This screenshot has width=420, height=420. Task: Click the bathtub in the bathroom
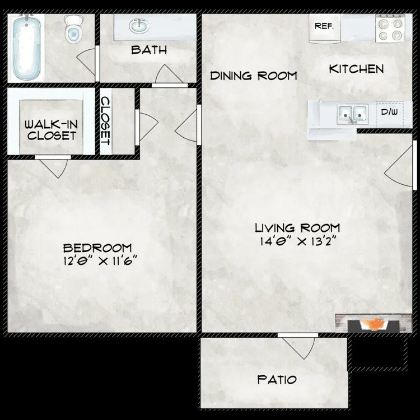pos(26,48)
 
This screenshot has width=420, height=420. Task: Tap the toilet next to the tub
pos(73,29)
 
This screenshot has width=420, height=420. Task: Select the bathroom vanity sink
pos(139,26)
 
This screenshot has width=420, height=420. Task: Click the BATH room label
pos(149,50)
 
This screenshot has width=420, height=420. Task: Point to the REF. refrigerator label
pos(324,26)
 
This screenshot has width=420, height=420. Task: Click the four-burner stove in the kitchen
pos(390,28)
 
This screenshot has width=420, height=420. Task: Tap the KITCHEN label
pos(356,69)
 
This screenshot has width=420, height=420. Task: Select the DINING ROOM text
pos(253,76)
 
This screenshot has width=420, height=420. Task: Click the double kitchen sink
pos(352,114)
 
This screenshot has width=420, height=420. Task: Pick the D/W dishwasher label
pos(389,112)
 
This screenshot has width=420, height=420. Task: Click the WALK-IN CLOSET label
pos(51,130)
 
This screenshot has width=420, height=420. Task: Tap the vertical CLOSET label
pos(105,121)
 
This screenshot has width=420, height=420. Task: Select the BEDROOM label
pos(97,248)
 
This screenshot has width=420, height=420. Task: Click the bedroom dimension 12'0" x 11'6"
pos(100,260)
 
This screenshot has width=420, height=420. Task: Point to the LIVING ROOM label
pos(297,228)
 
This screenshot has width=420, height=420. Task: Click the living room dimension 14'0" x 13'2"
pos(298,241)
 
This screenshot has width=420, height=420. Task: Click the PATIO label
pos(277,380)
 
